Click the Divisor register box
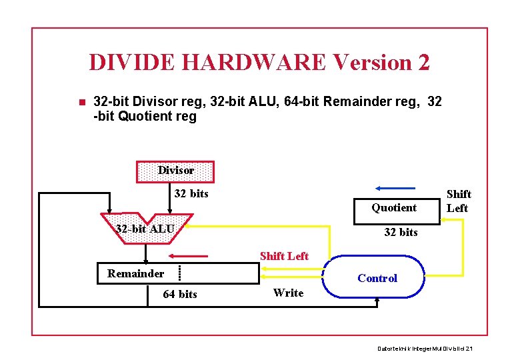pos(175,171)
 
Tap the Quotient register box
pos(394,207)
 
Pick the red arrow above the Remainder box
pos(193,255)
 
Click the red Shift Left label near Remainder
pos(284,256)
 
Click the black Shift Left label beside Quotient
pos(458,201)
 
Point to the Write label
pos(288,293)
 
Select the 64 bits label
pos(180,294)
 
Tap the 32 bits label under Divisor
pos(191,194)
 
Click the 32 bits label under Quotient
pos(401,232)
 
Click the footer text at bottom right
pos(425,349)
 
